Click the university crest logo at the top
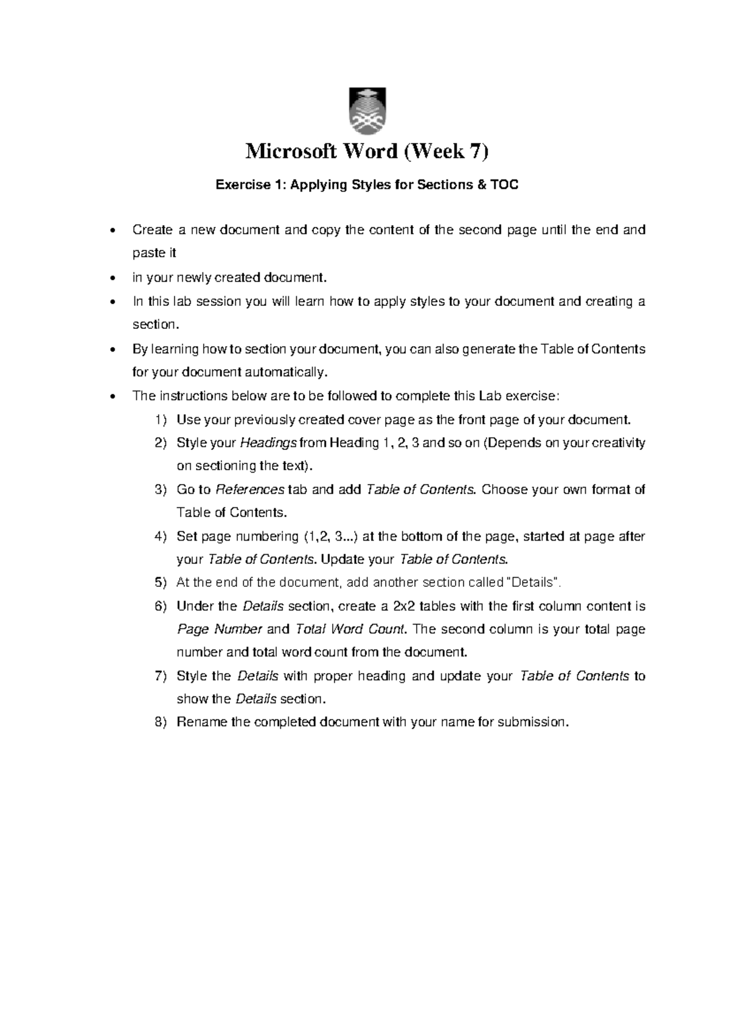[366, 111]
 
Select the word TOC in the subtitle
[504, 185]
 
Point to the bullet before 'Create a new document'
[111, 231]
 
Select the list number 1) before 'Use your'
[160, 420]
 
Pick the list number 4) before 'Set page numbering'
[160, 537]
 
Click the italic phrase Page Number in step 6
[219, 630]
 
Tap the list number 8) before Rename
[160, 723]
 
